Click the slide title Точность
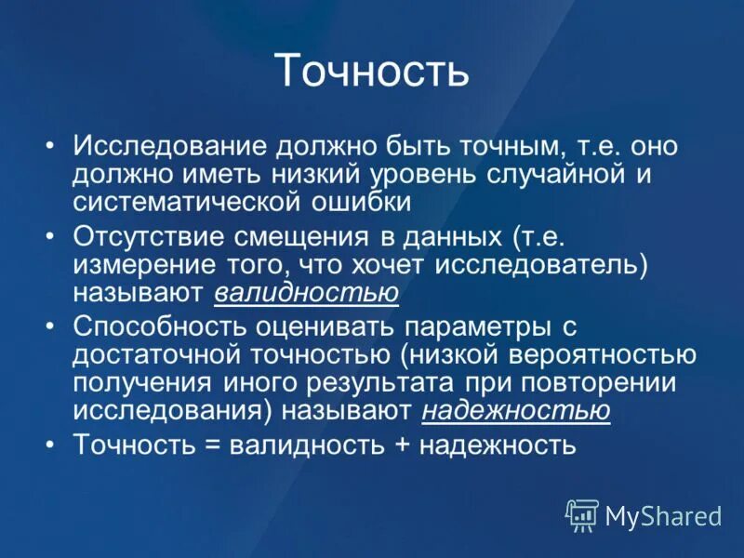(x=372, y=73)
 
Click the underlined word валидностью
(x=307, y=293)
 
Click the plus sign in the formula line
(x=402, y=445)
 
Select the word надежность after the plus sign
(x=498, y=445)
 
